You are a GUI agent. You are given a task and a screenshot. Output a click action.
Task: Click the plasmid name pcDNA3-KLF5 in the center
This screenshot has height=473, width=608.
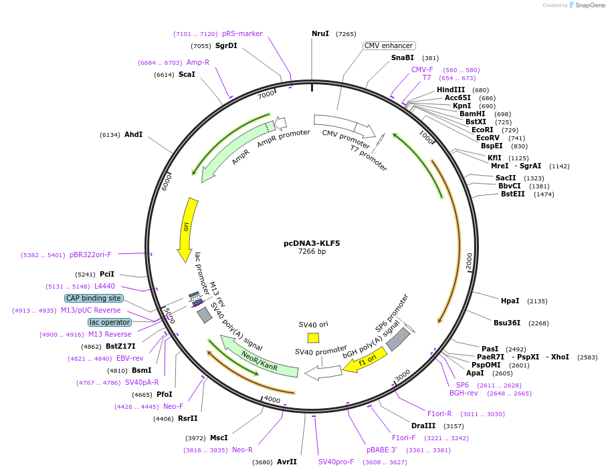pos(312,243)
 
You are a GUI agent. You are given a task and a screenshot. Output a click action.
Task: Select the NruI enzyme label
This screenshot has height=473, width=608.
pos(320,33)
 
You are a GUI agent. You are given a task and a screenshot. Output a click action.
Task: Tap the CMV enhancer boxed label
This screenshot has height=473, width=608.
pos(389,45)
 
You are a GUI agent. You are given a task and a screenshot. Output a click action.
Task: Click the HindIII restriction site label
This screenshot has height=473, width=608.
pos(451,90)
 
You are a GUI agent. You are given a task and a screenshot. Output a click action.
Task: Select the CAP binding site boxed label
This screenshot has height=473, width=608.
pos(94,298)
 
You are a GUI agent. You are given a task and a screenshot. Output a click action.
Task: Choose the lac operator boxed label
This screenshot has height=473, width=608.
pos(109,322)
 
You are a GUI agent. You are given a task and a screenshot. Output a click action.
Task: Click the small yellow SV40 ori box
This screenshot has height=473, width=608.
pos(313,338)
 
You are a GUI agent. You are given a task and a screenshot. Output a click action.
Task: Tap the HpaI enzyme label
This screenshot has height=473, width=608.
pos(510,301)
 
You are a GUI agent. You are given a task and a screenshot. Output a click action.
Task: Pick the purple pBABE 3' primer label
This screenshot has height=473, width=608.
pos(381,450)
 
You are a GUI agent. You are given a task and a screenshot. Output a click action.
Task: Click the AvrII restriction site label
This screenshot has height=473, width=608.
pos(286,462)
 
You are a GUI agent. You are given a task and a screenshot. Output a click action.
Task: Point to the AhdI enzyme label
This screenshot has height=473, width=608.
pos(133,134)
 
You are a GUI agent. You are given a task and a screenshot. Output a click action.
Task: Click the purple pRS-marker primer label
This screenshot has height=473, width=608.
pos(242,33)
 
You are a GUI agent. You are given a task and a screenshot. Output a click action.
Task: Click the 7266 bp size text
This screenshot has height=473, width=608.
pos(312,252)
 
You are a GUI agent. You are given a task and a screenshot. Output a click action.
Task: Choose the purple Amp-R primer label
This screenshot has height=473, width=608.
pos(197,62)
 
